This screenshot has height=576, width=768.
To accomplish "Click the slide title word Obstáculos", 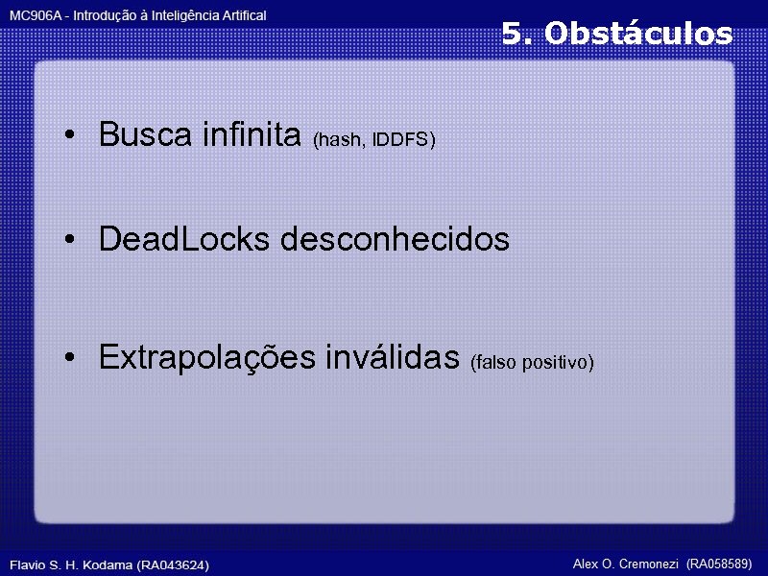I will pyautogui.click(x=638, y=35).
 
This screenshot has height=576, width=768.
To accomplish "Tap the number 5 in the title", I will pyautogui.click(x=515, y=35).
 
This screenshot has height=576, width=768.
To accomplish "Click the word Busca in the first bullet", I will pyautogui.click(x=146, y=135).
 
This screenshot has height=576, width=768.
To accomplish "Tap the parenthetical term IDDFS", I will pyautogui.click(x=404, y=141).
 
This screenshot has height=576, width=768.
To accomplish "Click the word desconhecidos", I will pyautogui.click(x=395, y=239).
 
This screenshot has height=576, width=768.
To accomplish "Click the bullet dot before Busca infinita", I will pyautogui.click(x=71, y=136).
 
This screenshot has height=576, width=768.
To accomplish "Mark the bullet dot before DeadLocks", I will pyautogui.click(x=71, y=240).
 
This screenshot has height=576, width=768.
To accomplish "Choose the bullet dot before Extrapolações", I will pyautogui.click(x=71, y=359).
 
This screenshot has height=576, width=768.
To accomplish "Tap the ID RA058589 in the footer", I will pyautogui.click(x=719, y=563).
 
